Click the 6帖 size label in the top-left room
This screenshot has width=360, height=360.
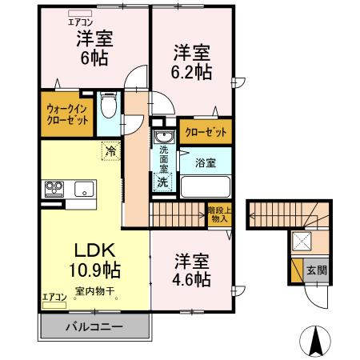coord(83,58)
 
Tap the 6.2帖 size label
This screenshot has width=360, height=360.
coord(192,72)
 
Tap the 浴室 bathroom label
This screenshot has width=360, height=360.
coord(206,162)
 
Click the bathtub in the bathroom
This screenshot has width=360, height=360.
coord(205,186)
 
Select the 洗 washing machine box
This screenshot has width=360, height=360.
coord(162,181)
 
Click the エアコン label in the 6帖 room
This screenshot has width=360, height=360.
coord(79,14)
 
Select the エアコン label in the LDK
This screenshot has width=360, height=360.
coord(54,297)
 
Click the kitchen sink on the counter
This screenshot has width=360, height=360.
coord(83,190)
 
